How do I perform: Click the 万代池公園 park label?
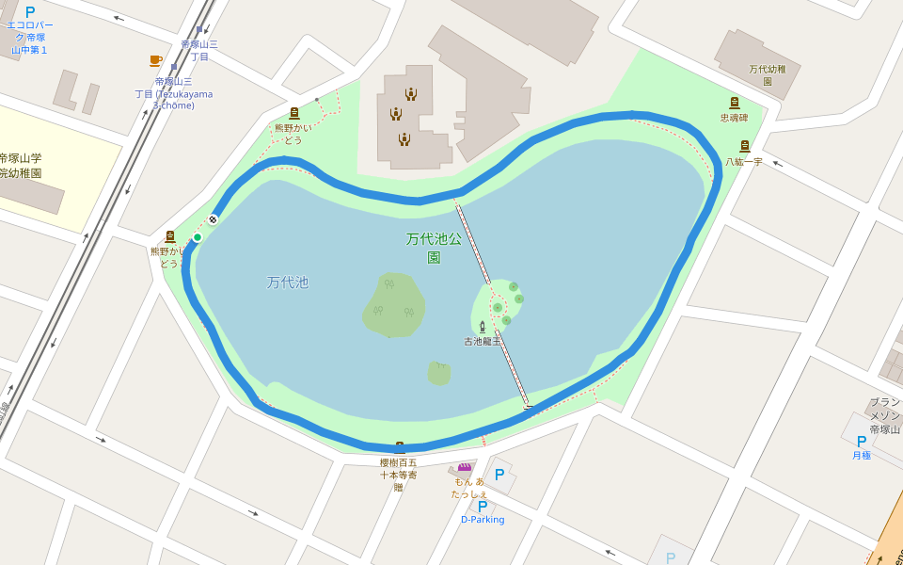434,248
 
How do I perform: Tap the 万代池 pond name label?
287,282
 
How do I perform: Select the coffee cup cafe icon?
156,61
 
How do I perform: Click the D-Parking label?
483,520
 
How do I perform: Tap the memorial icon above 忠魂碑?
735,103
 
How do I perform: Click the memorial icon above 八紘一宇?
744,146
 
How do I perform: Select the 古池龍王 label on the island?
482,341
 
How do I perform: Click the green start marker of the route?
198,237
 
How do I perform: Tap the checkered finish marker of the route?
214,219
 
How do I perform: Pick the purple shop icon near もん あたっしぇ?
465,467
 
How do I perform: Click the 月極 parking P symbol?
861,441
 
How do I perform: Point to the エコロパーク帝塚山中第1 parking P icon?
30,12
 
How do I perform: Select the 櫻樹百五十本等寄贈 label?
398,475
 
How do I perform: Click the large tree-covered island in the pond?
394,305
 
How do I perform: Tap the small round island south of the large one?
438,374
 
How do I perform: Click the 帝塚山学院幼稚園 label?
20,166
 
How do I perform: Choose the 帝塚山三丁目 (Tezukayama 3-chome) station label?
174,93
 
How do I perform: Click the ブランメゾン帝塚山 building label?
885,415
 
